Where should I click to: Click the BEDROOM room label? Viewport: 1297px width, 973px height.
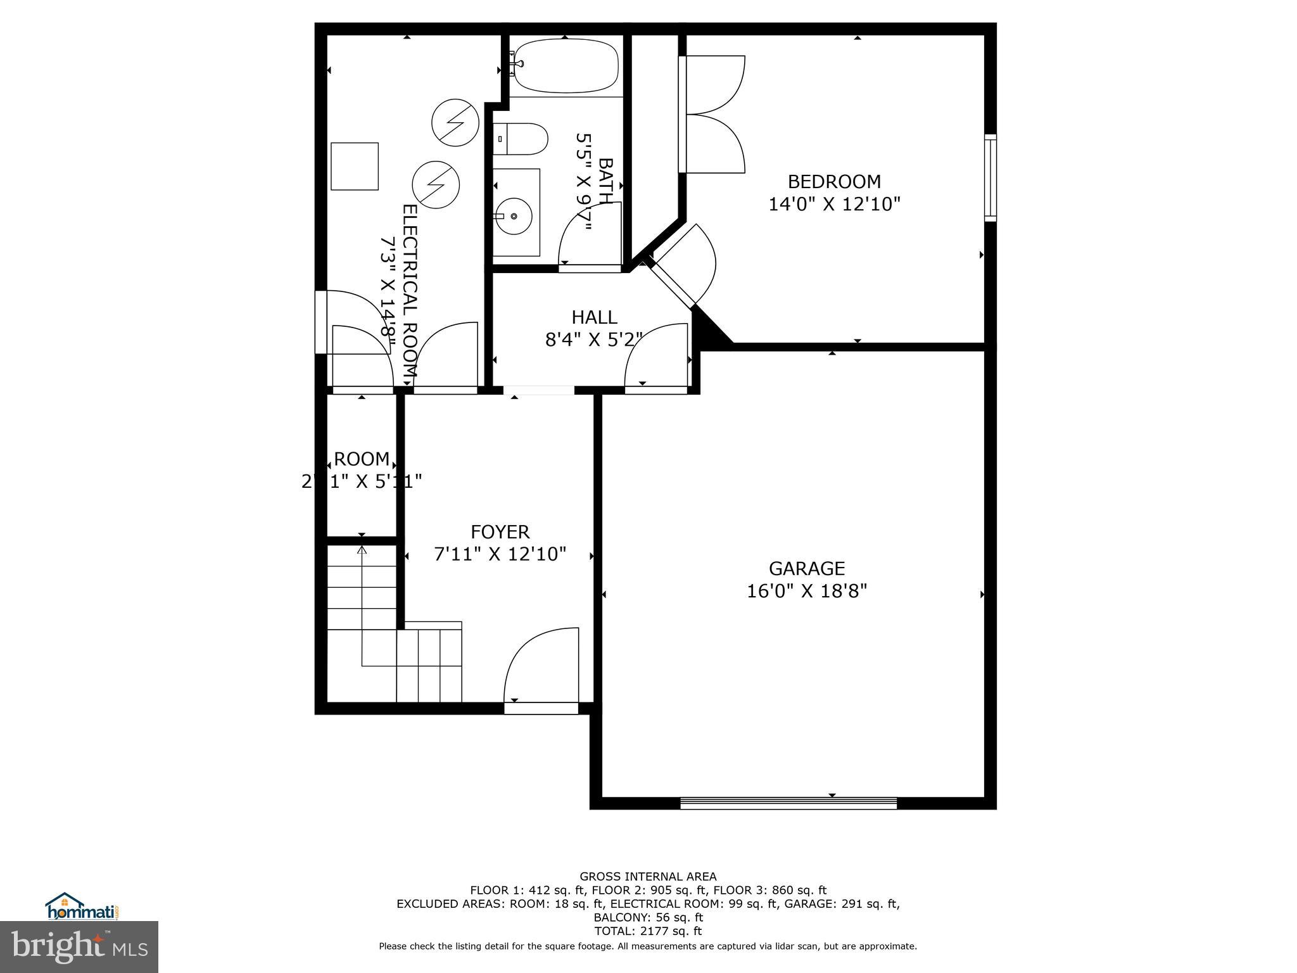pos(833,182)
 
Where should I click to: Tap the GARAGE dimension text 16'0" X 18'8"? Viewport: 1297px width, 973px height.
pos(806,591)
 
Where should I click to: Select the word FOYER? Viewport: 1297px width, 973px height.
pos(500,531)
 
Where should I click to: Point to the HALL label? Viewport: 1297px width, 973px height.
pos(594,317)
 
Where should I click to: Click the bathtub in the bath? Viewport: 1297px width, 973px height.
pos(566,66)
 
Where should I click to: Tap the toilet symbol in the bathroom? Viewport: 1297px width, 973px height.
pos(521,139)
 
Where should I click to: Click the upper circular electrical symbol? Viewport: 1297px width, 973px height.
pos(455,123)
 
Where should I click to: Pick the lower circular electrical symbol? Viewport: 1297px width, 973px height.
pos(436,185)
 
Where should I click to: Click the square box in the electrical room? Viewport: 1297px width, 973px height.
pos(355,166)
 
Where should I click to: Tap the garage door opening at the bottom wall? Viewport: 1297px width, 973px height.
pos(788,803)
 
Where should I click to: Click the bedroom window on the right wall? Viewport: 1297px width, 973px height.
pos(990,178)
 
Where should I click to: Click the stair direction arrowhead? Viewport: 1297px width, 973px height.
pos(362,550)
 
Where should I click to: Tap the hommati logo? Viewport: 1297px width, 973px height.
pos(82,906)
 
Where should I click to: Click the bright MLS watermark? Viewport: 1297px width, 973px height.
pos(79,946)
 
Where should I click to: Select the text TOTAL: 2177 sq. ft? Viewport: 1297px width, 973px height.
pos(648,931)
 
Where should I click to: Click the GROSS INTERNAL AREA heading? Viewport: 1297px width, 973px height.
pos(648,876)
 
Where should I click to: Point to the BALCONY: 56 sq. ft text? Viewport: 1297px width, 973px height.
pos(648,917)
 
